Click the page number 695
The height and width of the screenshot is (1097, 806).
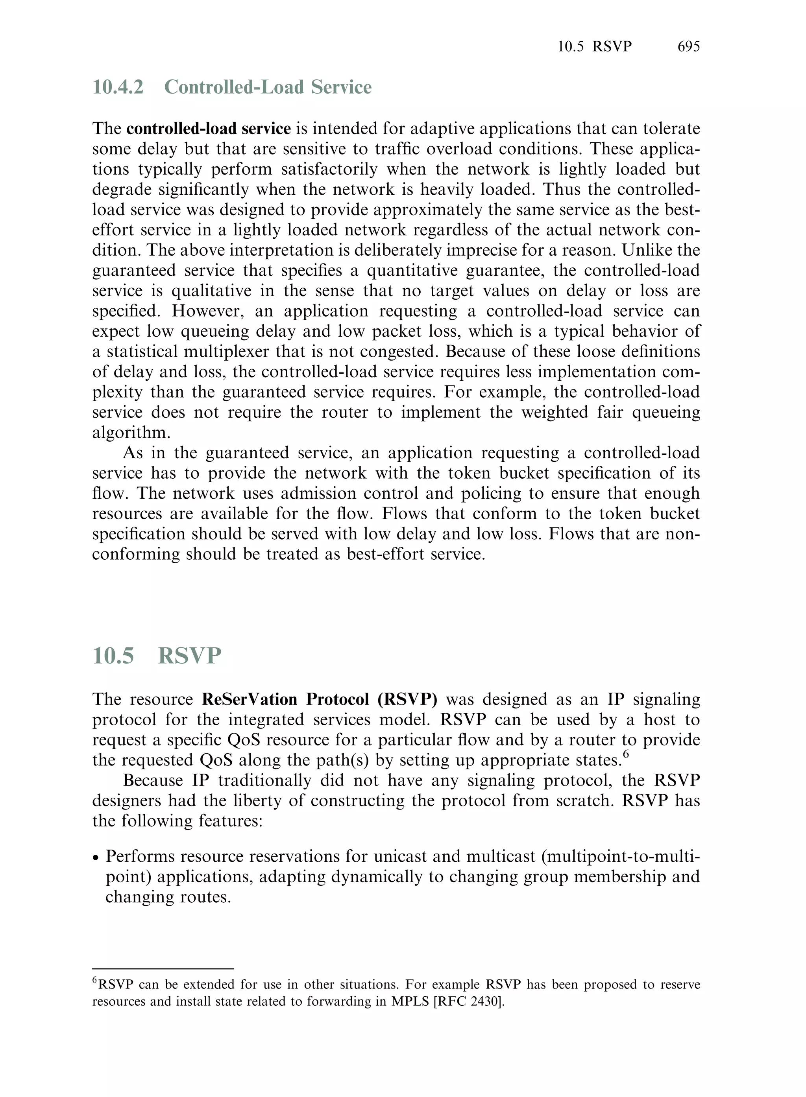click(688, 46)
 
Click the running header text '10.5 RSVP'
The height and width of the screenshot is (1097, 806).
click(594, 46)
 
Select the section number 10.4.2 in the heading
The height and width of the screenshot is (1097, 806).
click(118, 87)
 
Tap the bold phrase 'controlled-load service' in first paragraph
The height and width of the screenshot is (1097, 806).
click(208, 129)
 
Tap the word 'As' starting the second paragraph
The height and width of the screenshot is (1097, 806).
click(133, 453)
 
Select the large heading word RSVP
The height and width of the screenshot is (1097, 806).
click(190, 656)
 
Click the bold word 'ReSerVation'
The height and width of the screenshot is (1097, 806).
click(249, 699)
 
